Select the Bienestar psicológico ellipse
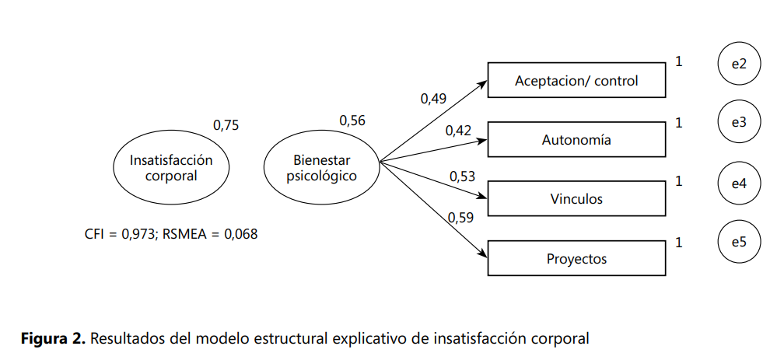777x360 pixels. click(321, 168)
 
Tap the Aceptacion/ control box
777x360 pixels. click(576, 81)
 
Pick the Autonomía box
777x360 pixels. click(576, 141)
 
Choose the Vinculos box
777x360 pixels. click(576, 200)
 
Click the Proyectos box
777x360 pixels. click(576, 259)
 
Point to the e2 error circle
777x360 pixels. click(739, 64)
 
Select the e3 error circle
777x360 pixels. click(739, 122)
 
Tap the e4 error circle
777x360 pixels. click(739, 183)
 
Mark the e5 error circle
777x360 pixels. click(739, 242)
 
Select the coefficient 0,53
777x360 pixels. click(462, 177)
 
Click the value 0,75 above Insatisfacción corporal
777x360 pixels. click(226, 125)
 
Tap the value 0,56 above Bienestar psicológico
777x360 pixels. click(352, 121)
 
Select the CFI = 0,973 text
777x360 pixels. click(120, 233)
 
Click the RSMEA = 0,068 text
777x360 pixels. click(211, 233)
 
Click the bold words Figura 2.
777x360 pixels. click(54, 339)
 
